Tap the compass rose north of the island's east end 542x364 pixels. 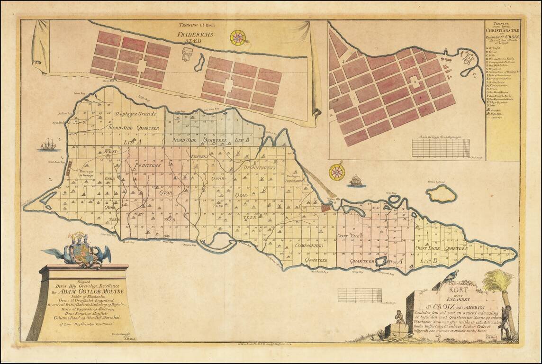(337, 172)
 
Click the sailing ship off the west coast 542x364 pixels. (48, 145)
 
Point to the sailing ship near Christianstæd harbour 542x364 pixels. (356, 180)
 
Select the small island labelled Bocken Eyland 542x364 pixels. (441, 193)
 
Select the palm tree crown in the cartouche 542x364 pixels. (498, 280)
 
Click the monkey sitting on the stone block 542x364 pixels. (400, 316)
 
